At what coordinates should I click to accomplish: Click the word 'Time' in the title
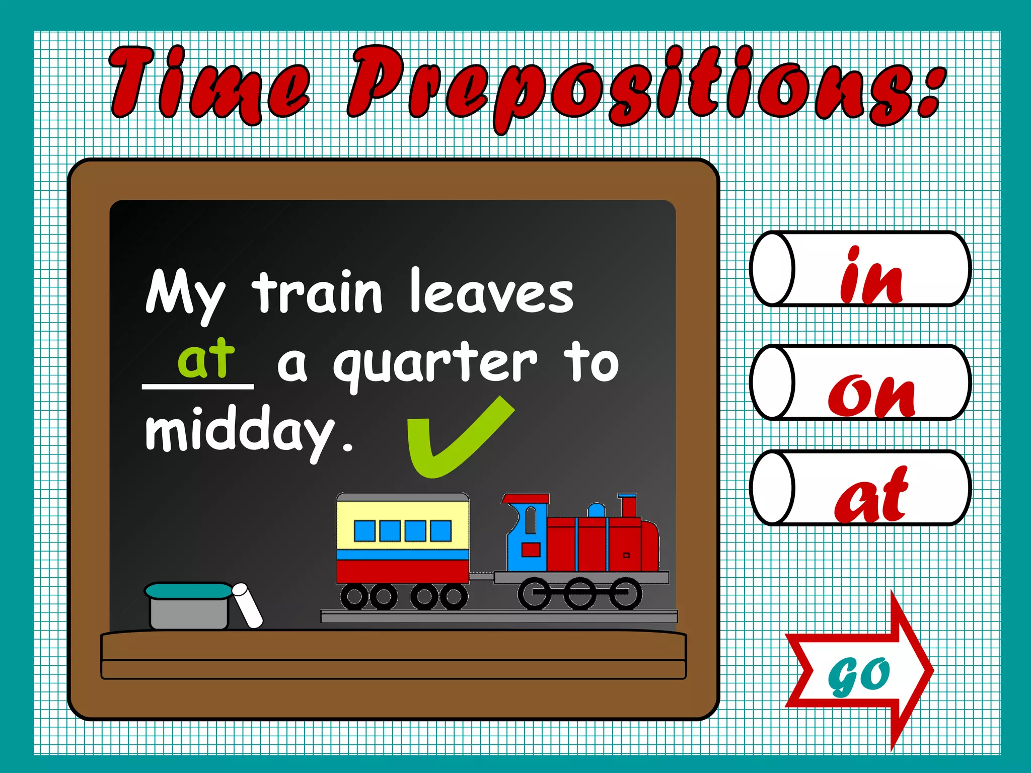[209, 83]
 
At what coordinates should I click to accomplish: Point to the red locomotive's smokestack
[628, 505]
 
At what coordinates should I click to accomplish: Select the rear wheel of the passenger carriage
[355, 596]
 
